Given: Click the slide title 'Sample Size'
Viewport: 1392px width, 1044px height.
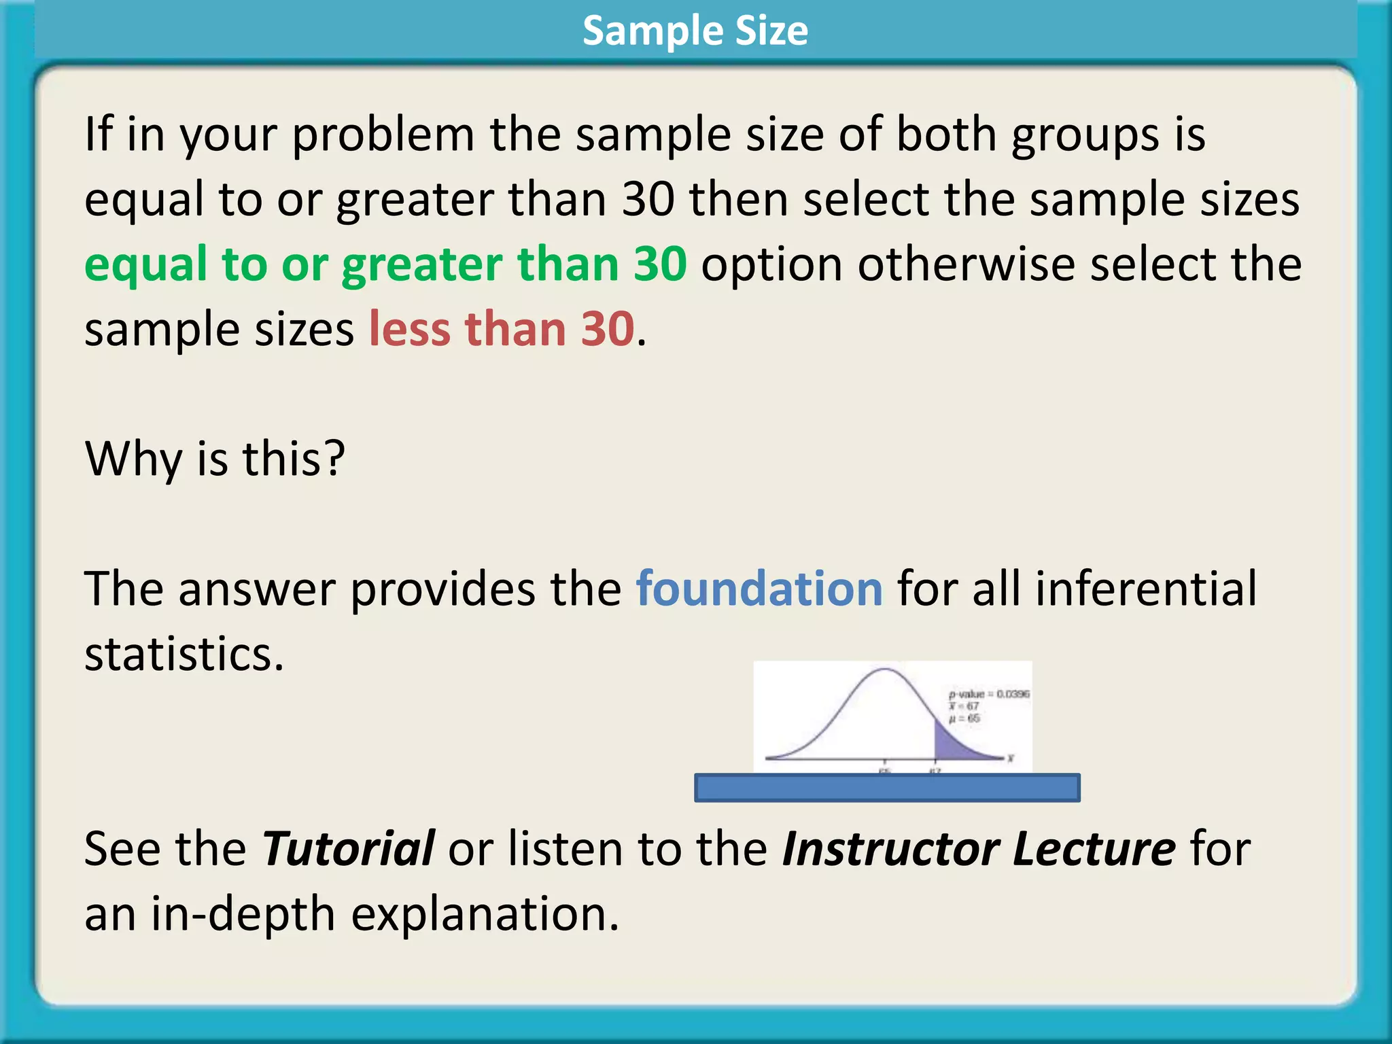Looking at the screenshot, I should [695, 31].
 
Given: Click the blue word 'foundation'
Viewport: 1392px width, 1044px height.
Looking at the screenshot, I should [759, 589].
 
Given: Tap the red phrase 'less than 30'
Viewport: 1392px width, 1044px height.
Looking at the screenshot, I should [502, 330].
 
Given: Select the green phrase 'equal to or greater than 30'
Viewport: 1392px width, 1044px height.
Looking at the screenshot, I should [385, 264].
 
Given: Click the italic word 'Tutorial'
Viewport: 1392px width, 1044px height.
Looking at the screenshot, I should [348, 849].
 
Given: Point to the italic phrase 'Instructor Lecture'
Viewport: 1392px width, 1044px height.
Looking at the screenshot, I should [978, 849].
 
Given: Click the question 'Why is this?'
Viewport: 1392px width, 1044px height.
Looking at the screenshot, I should [215, 459].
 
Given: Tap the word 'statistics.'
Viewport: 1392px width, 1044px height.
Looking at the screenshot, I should [184, 654].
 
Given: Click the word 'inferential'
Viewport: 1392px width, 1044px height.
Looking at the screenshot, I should [1145, 589].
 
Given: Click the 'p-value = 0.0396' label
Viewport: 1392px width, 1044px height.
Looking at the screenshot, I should [989, 694].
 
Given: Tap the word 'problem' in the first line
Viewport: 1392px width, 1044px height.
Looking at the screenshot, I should [383, 135].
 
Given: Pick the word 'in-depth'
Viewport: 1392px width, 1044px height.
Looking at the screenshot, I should [243, 914].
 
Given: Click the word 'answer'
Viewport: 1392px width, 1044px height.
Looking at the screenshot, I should [257, 589].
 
